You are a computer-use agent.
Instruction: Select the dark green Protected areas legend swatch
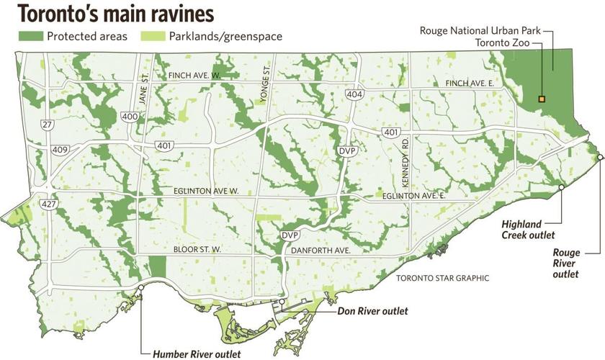pos(30,35)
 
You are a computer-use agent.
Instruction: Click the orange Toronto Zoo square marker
pos(542,99)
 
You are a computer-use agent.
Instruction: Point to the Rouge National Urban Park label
pos(480,30)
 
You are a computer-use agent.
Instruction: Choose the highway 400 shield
pos(130,117)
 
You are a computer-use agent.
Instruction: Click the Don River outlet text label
pos(372,311)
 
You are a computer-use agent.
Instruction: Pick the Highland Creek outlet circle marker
pos(561,187)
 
